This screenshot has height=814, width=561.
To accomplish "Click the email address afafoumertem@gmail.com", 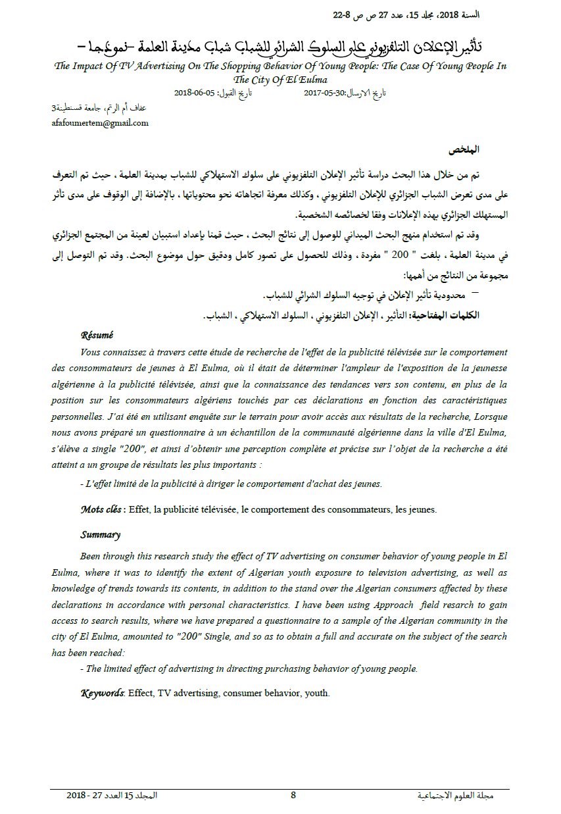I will (x=100, y=122).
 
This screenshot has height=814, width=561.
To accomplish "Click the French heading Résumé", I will (x=97, y=336).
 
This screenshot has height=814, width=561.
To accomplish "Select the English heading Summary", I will (x=100, y=535).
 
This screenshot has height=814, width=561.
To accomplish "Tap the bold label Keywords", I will (x=102, y=693).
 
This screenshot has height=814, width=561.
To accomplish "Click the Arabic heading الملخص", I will (x=463, y=151).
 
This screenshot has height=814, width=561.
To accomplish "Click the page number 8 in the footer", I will (x=293, y=795).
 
